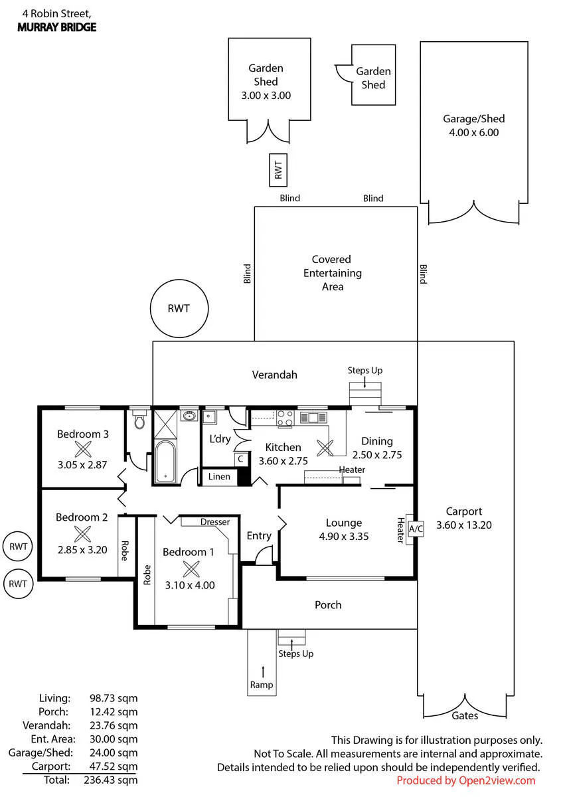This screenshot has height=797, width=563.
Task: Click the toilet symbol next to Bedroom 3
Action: [x=140, y=419]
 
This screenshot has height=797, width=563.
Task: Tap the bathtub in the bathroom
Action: [x=165, y=462]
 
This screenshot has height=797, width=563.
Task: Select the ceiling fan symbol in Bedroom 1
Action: [x=191, y=569]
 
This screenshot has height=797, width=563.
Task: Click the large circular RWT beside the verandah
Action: [x=179, y=308]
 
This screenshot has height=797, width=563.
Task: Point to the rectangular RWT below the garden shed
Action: [x=278, y=170]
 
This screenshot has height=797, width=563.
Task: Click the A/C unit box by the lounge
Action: [x=416, y=529]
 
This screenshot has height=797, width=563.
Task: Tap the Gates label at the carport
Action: [x=465, y=715]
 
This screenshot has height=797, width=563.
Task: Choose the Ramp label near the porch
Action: [x=262, y=685]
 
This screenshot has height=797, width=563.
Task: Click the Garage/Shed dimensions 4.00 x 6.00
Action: [x=473, y=132]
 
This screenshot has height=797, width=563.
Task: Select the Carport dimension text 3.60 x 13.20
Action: [x=464, y=525]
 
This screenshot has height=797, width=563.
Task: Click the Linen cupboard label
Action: [x=219, y=476]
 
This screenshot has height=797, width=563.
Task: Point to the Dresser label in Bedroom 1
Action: [x=215, y=522]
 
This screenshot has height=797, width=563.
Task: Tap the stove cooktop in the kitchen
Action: [x=285, y=418]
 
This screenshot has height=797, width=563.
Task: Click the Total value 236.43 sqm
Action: [x=111, y=780]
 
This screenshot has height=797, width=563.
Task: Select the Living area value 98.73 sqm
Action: [x=114, y=699]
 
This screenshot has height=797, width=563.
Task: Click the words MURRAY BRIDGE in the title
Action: [x=57, y=27]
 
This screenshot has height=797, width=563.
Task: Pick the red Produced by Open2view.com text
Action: [x=466, y=780]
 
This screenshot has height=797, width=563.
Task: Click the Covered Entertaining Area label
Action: [x=332, y=273]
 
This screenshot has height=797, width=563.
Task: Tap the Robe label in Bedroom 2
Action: [x=124, y=551]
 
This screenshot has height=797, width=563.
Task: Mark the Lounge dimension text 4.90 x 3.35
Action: [x=343, y=536]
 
